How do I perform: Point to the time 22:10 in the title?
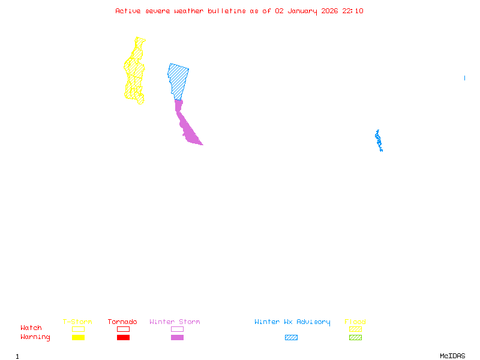353,11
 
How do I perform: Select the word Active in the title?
128,11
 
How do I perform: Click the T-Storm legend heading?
77,322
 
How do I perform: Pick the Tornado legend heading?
122,322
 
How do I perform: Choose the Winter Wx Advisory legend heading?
292,322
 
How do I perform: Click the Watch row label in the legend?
31,328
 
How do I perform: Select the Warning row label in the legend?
35,337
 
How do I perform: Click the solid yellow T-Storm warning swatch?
78,338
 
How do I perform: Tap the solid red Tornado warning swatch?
123,338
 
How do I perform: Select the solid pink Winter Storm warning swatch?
177,338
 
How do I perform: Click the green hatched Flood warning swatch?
355,338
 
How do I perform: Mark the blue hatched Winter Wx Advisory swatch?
291,338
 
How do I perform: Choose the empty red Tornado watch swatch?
123,329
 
